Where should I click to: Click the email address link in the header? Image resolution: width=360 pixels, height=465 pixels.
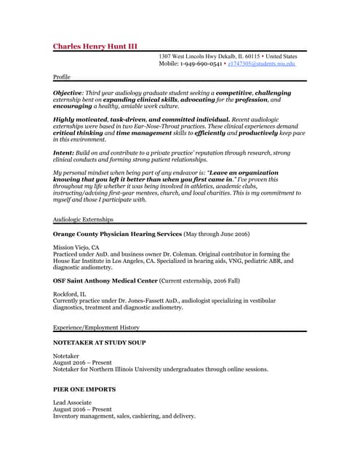(x=262, y=64)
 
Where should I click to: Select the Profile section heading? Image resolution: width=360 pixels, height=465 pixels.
(x=62, y=76)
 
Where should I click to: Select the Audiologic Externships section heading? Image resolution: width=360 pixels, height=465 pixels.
(x=83, y=219)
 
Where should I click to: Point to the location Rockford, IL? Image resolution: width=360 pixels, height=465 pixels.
(x=68, y=294)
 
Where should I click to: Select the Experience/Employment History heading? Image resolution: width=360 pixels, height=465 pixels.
(x=96, y=328)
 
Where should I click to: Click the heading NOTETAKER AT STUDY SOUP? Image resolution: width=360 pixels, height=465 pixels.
(x=99, y=342)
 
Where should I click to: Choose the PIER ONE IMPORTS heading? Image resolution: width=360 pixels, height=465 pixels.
(x=84, y=389)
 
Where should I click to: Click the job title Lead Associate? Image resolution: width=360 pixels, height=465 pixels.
(x=72, y=402)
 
